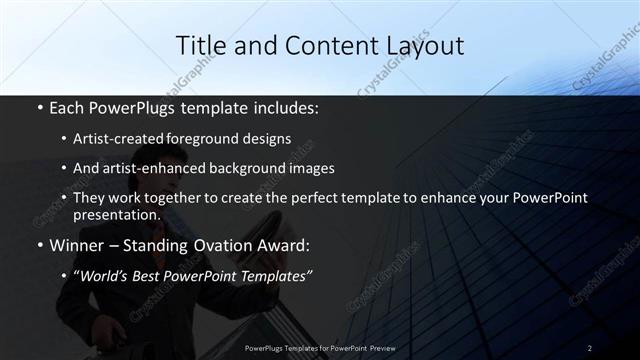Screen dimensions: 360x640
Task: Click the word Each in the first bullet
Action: click(x=68, y=106)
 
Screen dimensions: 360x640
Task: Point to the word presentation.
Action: click(x=117, y=215)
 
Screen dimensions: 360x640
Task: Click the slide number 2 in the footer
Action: click(x=590, y=347)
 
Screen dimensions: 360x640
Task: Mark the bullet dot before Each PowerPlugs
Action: click(x=39, y=107)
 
